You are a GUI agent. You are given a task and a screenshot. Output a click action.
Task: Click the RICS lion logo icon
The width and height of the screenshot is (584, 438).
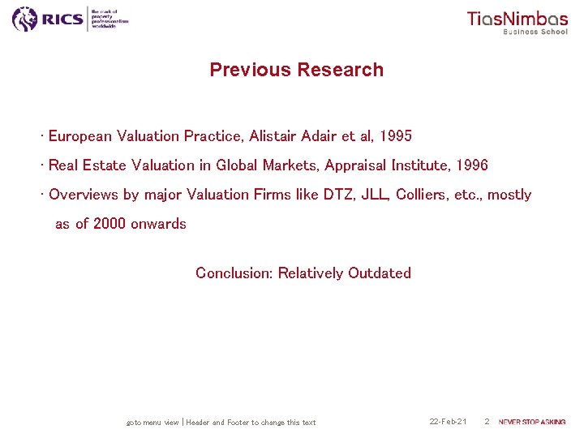pyautogui.click(x=25, y=19)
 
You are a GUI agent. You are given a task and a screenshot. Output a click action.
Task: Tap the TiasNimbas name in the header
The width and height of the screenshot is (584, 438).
pyautogui.click(x=517, y=19)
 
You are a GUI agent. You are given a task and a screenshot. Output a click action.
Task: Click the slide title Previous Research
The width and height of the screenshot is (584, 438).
pyautogui.click(x=296, y=70)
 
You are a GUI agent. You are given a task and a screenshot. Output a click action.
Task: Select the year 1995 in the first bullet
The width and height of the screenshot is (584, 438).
pyautogui.click(x=395, y=135)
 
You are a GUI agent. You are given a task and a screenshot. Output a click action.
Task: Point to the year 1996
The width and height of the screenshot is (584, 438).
pyautogui.click(x=471, y=165)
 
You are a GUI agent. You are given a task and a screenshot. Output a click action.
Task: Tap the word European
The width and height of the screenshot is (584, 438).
pyautogui.click(x=80, y=135)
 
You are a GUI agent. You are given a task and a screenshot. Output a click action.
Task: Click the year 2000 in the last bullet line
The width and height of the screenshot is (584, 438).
pyautogui.click(x=109, y=224)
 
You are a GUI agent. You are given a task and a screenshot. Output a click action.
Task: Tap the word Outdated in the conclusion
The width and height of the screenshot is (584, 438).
pyautogui.click(x=380, y=273)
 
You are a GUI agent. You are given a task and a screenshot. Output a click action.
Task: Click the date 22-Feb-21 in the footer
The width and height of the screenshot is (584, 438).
pyautogui.click(x=448, y=422)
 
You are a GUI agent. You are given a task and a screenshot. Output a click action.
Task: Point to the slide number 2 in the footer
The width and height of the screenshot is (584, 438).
pyautogui.click(x=487, y=422)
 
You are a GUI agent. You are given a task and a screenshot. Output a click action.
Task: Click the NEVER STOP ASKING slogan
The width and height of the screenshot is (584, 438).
pyautogui.click(x=532, y=422)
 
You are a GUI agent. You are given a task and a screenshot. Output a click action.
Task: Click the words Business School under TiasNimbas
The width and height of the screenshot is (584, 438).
pyautogui.click(x=535, y=32)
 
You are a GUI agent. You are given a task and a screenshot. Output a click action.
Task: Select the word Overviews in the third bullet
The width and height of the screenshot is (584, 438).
pyautogui.click(x=84, y=195)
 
